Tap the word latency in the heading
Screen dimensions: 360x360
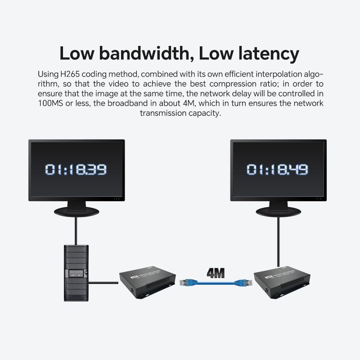point(265,53)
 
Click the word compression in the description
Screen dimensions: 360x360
point(229,84)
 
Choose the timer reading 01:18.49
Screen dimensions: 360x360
point(277,170)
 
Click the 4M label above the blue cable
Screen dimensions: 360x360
point(216,273)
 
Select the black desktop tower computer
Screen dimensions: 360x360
point(76,273)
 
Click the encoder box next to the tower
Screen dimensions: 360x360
point(147,283)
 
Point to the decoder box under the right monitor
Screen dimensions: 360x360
point(282,283)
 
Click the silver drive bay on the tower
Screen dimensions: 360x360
point(76,272)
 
